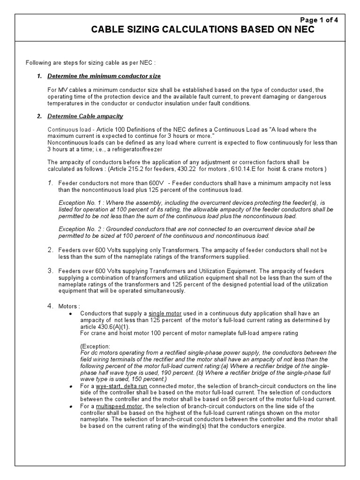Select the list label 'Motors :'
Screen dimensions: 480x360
point(69,307)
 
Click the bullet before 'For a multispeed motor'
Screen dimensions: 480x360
point(70,406)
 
